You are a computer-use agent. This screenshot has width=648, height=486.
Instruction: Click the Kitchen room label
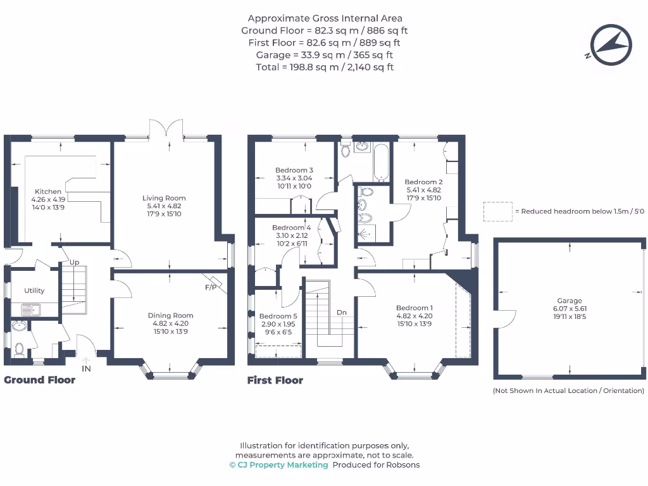click(x=48, y=192)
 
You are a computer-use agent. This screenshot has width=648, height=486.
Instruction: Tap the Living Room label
click(x=164, y=198)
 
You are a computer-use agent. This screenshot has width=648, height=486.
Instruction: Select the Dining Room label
click(x=170, y=315)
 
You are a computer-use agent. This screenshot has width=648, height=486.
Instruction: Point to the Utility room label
click(x=34, y=290)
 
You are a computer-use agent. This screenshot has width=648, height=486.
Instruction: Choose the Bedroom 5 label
click(x=278, y=316)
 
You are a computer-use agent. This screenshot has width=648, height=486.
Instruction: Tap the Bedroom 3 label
click(x=294, y=170)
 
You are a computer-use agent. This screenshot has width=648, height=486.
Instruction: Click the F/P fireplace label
click(x=210, y=287)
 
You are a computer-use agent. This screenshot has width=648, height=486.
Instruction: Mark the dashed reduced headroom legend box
click(x=497, y=211)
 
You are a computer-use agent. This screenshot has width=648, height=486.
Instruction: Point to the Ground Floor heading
click(x=40, y=380)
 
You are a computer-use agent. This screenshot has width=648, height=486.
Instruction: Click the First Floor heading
click(x=275, y=380)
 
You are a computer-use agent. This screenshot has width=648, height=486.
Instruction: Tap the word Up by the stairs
click(x=74, y=262)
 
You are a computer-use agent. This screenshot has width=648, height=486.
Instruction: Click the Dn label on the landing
click(x=342, y=313)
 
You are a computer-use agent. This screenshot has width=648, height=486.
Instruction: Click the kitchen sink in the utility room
click(x=29, y=309)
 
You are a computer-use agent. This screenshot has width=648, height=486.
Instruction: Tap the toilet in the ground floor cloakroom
click(x=20, y=349)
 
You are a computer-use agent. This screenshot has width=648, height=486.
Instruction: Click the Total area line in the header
click(x=325, y=67)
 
